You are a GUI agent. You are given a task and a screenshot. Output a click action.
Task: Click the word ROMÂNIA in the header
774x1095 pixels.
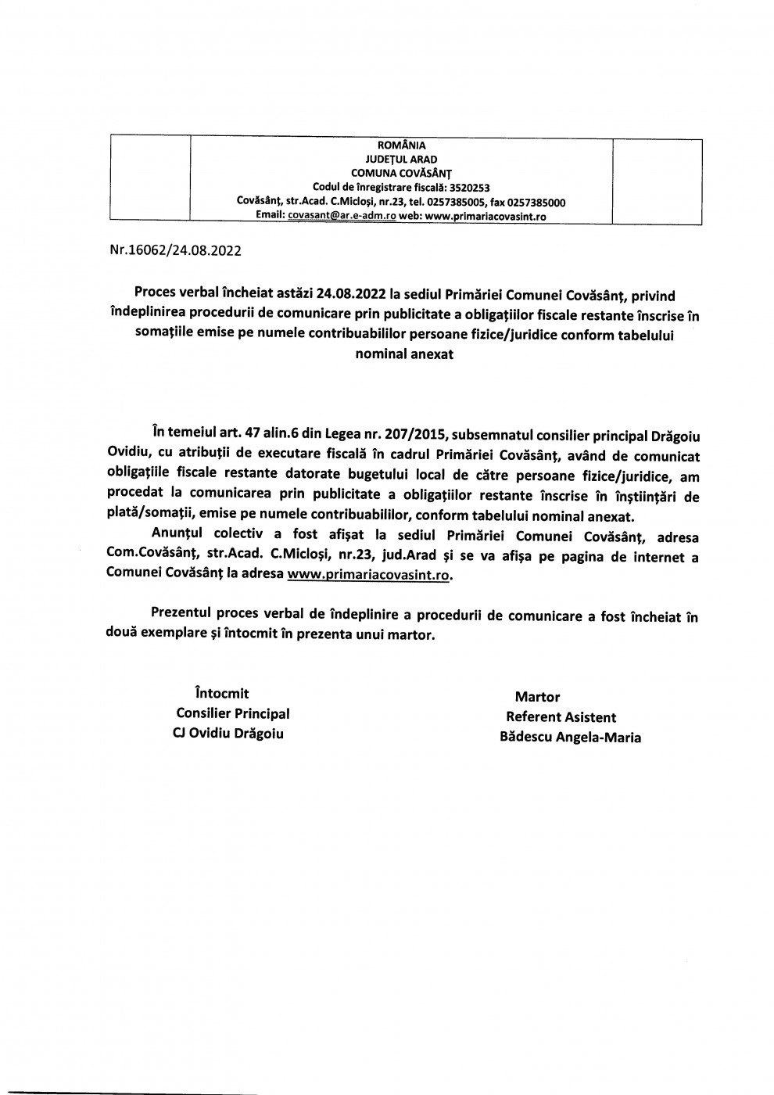pos(402,145)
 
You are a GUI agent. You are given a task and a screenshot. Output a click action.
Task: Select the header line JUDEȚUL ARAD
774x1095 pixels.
pos(402,159)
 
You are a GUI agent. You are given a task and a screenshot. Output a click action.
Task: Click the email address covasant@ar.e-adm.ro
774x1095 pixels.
pos(342,217)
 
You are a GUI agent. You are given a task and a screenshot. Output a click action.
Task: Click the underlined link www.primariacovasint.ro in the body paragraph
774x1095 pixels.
pos(370,573)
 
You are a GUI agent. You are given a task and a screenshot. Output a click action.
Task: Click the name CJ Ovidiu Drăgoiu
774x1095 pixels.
pos(228,734)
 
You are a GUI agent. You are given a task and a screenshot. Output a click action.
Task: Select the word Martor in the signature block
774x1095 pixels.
pos(537,697)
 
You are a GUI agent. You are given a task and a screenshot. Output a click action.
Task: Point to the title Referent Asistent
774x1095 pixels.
pos(561,717)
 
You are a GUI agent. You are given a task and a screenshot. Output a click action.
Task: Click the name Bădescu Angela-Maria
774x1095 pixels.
pos(571,738)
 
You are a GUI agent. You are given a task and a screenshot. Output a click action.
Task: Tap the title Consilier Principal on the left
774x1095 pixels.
pos(233,713)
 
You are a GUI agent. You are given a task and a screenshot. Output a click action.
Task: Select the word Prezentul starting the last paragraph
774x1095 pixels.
pos(183,616)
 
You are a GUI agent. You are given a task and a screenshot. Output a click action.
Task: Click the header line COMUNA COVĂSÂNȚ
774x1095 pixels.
pos(402,173)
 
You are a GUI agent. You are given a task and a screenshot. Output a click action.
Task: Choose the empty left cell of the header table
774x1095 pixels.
pos(151,181)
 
